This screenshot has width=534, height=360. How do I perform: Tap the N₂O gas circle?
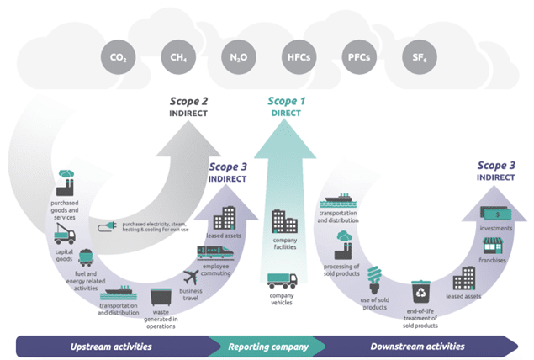pyautogui.click(x=236, y=58)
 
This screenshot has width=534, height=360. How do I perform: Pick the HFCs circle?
pyautogui.click(x=296, y=58)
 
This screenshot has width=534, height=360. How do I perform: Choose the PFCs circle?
pyautogui.click(x=357, y=58)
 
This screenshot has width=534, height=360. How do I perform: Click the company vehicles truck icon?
pyautogui.click(x=283, y=281)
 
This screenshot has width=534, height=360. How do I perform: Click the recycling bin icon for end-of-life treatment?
pyautogui.click(x=420, y=291)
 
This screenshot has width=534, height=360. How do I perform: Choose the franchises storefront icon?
pyautogui.click(x=494, y=247)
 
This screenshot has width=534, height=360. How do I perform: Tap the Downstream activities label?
pyautogui.click(x=405, y=346)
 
